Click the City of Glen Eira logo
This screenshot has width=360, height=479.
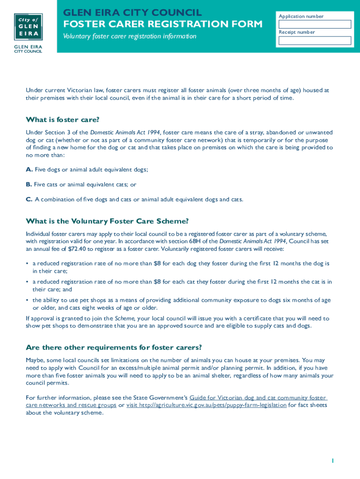28,27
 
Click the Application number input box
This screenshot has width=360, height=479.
315,24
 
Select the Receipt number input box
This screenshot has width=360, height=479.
315,40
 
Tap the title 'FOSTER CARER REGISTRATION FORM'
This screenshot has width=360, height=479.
163,24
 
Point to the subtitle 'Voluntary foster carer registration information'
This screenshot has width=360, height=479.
130,36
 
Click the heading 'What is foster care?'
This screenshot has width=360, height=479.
63,120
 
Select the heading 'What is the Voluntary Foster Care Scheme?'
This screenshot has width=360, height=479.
107,221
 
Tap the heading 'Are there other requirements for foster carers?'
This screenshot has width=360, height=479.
114,348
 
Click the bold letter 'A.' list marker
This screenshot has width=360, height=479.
29,169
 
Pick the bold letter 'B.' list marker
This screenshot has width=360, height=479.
29,184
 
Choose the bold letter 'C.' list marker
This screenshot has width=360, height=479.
29,199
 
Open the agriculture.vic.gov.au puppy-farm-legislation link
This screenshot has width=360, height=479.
206,405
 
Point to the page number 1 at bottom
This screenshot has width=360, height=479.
332,461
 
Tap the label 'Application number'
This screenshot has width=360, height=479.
301,16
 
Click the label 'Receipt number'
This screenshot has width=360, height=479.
297,32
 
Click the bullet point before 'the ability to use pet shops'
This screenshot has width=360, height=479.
27,300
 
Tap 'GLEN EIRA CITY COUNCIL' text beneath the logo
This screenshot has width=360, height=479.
28,49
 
